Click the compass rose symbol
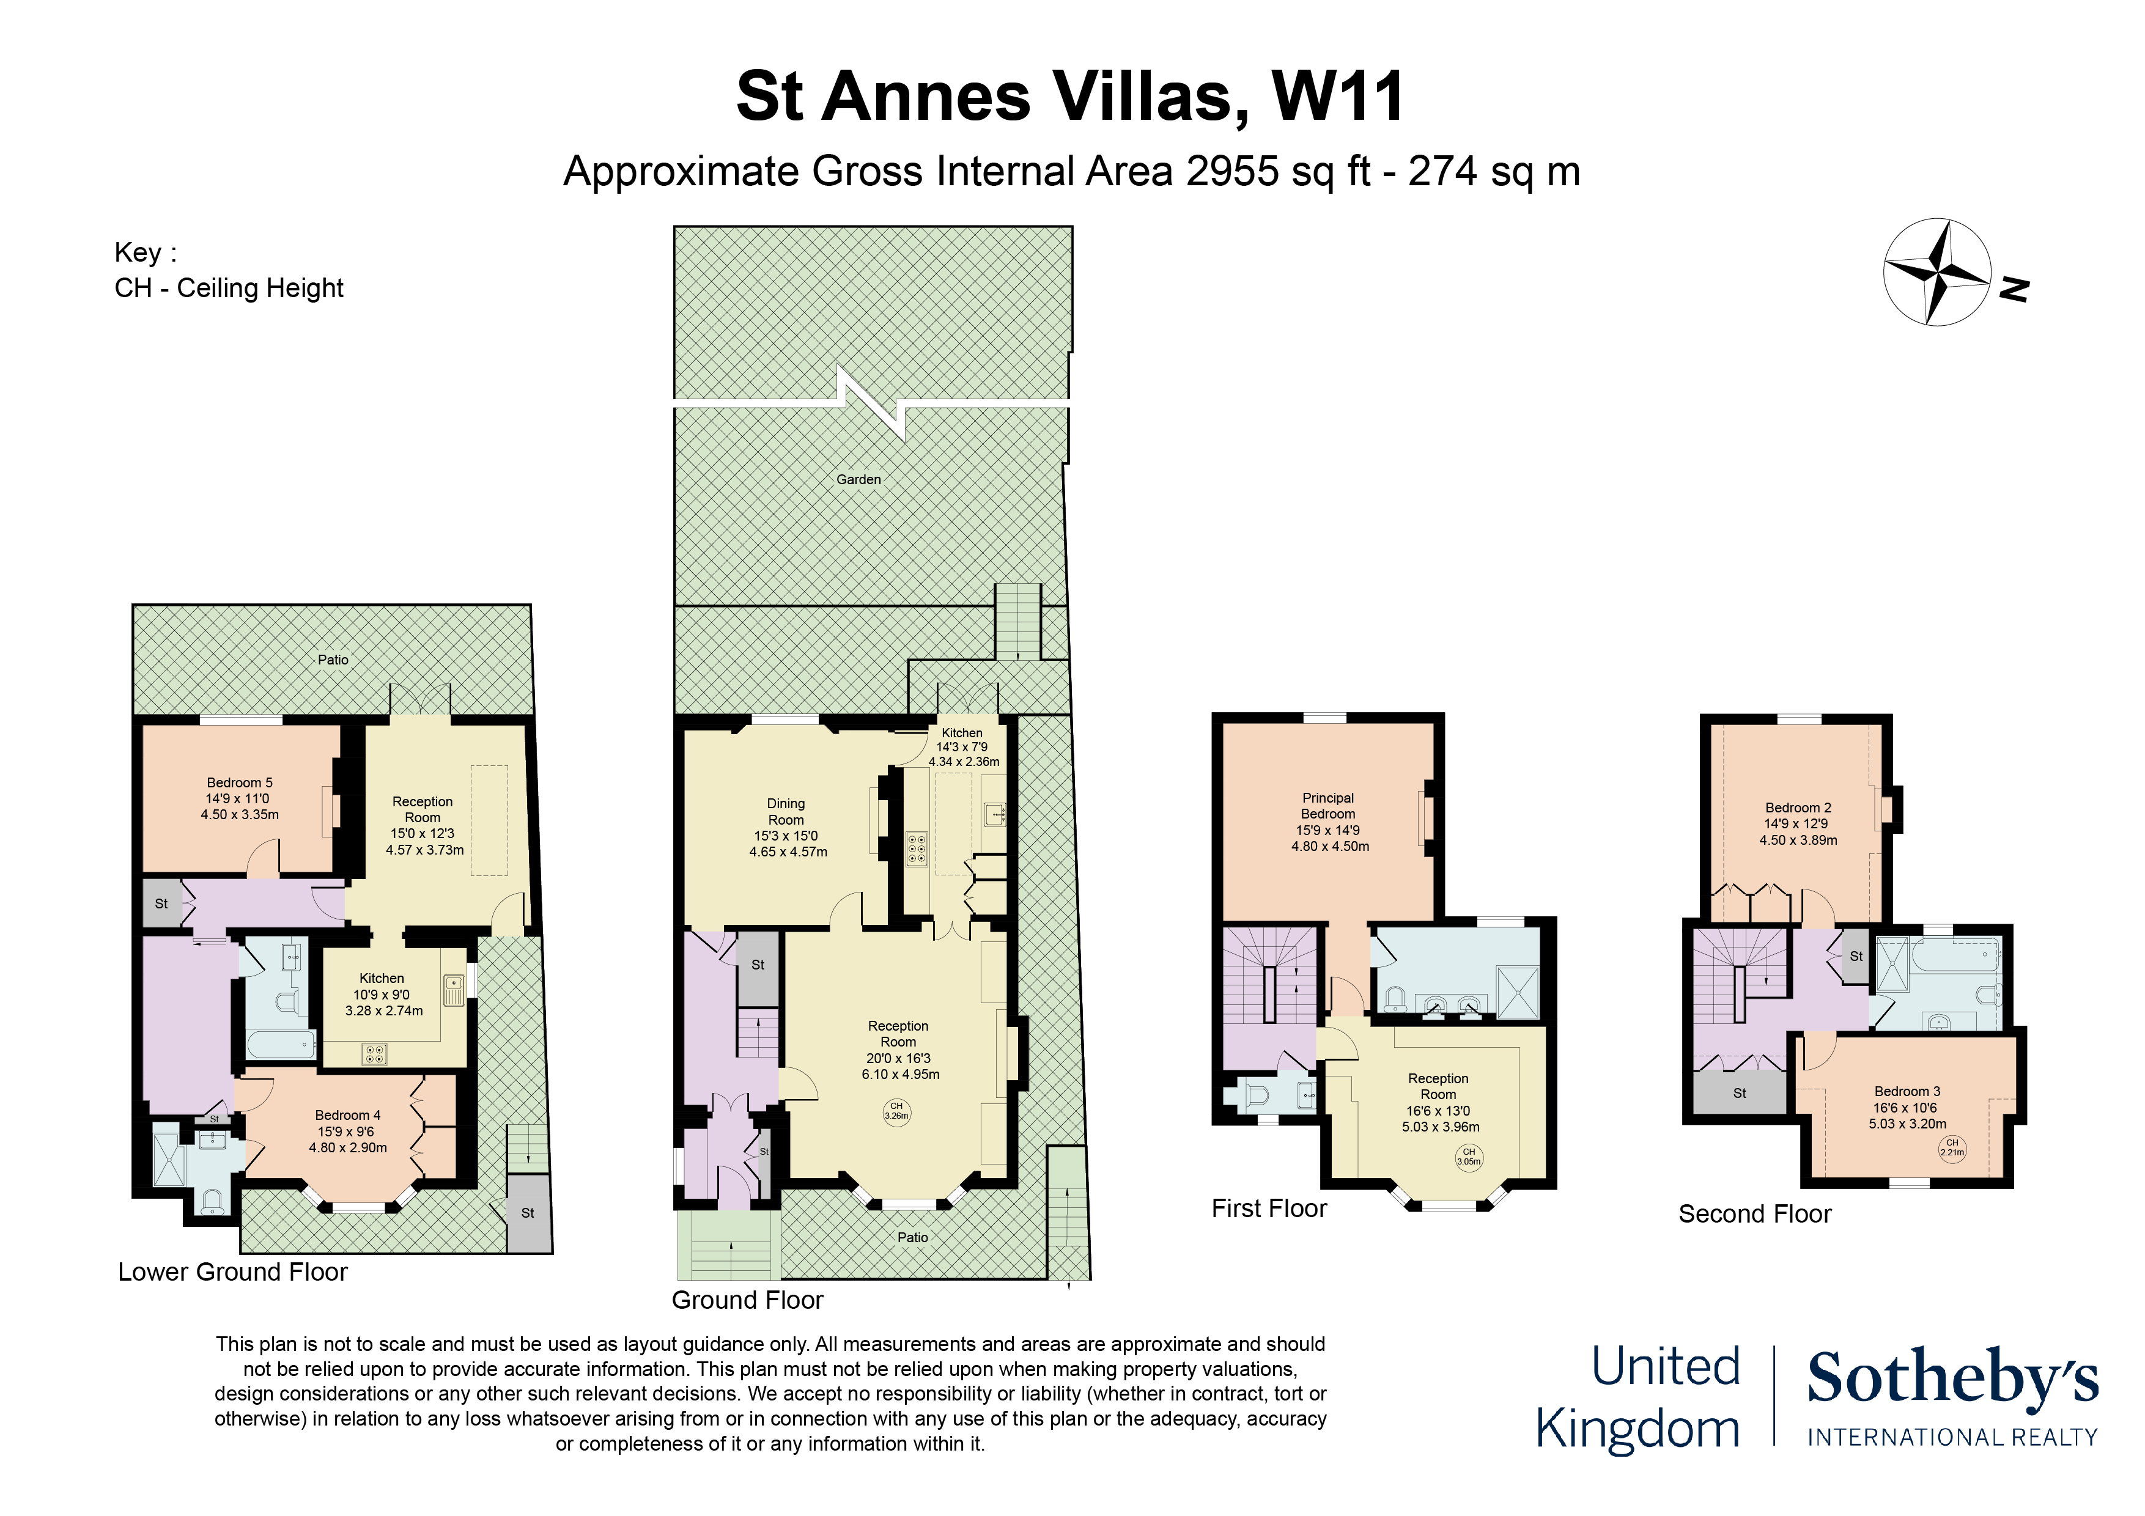click(1936, 272)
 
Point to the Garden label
click(858, 479)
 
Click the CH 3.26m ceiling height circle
click(896, 1111)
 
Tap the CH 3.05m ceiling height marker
click(1469, 1157)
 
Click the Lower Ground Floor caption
click(232, 1271)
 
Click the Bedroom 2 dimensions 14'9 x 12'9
click(1796, 824)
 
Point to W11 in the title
click(1338, 95)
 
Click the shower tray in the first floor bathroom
click(1517, 993)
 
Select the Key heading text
click(145, 252)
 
